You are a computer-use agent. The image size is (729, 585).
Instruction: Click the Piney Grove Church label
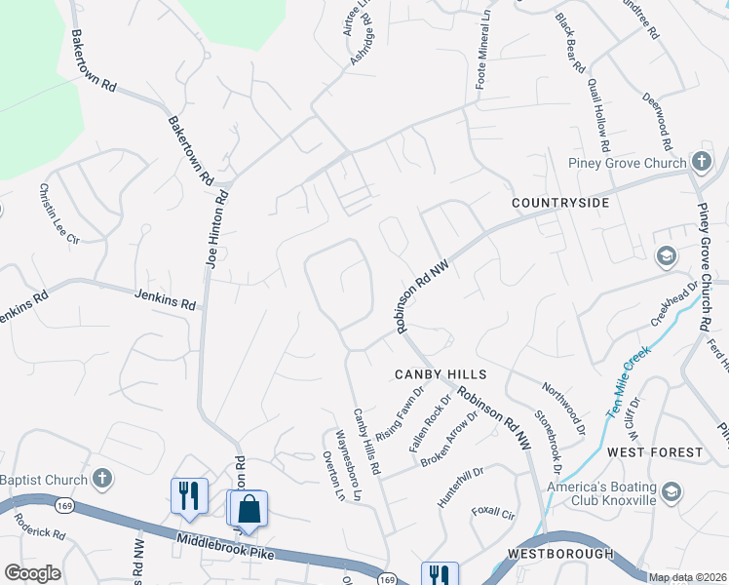pyautogui.click(x=629, y=163)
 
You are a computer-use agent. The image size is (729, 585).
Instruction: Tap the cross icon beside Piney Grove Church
pyautogui.click(x=701, y=161)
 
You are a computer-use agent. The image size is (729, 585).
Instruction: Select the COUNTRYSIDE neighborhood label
pyautogui.click(x=561, y=203)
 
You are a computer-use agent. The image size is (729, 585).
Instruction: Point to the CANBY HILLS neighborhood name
pyautogui.click(x=440, y=374)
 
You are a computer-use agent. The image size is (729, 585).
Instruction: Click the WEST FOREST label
pyautogui.click(x=654, y=452)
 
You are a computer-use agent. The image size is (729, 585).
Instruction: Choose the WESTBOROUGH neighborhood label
pyautogui.click(x=560, y=554)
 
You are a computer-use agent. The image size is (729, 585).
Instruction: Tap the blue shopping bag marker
pyautogui.click(x=249, y=509)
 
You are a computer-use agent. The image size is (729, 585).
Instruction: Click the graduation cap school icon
pyautogui.click(x=667, y=257)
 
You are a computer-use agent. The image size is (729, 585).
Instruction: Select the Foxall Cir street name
pyautogui.click(x=493, y=512)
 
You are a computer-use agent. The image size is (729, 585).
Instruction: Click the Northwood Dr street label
pyautogui.click(x=564, y=409)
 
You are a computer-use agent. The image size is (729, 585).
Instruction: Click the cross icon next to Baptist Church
pyautogui.click(x=102, y=479)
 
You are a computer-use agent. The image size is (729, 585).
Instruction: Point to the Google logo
pyautogui.click(x=32, y=573)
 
